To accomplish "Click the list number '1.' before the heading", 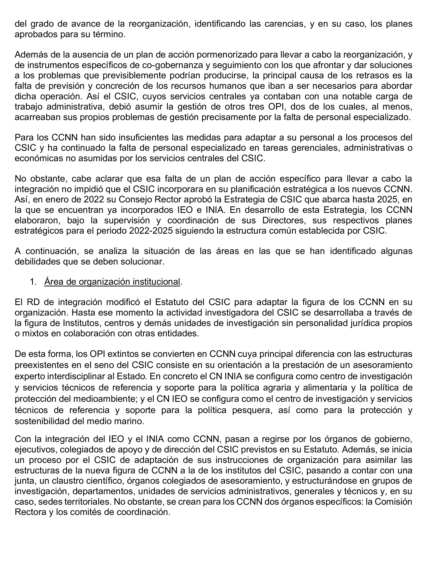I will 33,282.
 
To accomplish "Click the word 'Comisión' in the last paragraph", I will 394,502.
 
